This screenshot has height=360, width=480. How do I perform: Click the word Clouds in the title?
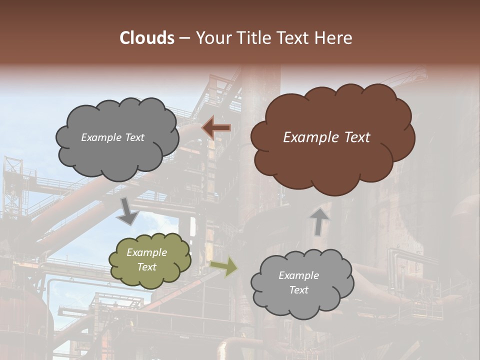[147, 38]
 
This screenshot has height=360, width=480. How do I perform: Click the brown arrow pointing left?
[216, 128]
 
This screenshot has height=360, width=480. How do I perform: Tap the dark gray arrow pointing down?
[128, 211]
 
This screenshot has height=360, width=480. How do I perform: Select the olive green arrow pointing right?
[224, 266]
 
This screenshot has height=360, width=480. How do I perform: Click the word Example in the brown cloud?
[310, 137]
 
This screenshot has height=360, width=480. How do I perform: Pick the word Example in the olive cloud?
[146, 252]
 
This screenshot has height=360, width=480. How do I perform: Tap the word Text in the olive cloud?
[147, 267]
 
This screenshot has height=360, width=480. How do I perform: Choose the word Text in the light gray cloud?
[299, 290]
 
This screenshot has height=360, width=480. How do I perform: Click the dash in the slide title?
[184, 38]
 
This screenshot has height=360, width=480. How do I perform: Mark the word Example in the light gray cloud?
[298, 275]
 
